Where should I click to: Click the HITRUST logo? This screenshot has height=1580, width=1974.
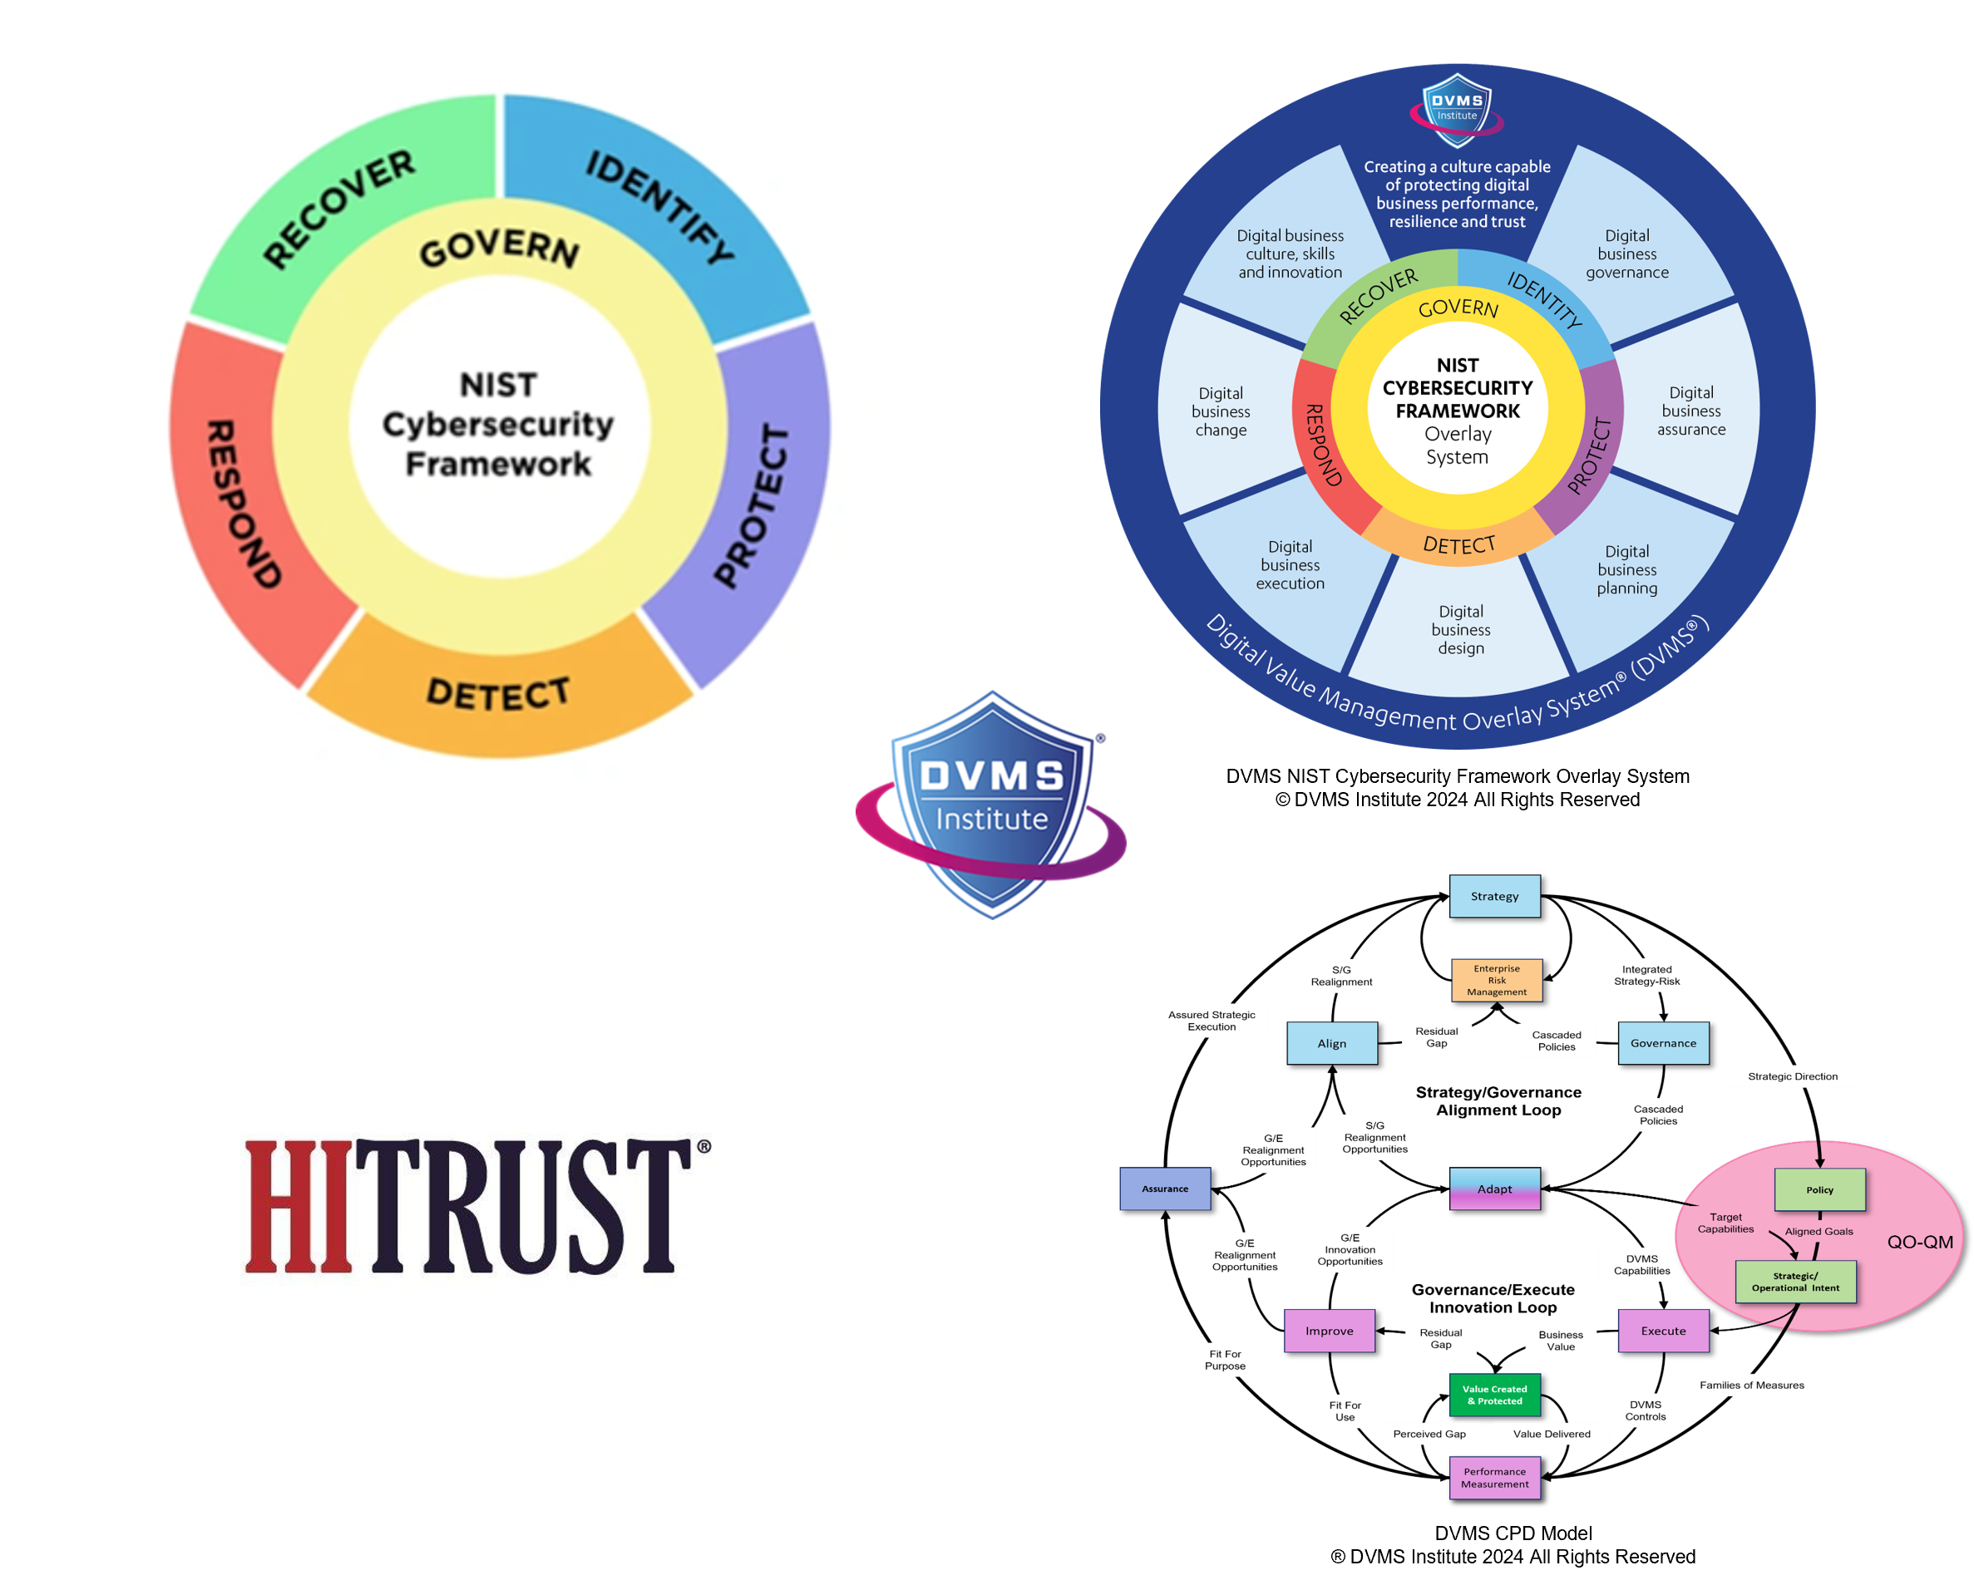click(x=477, y=1206)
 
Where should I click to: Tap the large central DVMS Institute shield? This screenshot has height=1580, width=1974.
click(x=990, y=805)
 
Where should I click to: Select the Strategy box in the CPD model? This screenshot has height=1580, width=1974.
click(x=1494, y=896)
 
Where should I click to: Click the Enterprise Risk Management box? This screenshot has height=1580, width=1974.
click(x=1496, y=981)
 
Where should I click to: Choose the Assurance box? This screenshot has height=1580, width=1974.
click(x=1165, y=1189)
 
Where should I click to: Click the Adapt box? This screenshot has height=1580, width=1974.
click(x=1494, y=1189)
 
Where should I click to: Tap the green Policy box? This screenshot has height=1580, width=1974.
click(x=1819, y=1190)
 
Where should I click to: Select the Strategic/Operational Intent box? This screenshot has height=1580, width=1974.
click(x=1795, y=1282)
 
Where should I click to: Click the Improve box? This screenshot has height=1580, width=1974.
click(x=1329, y=1331)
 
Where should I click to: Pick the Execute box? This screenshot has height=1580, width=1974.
click(x=1663, y=1331)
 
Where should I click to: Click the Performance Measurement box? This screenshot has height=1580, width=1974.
click(x=1494, y=1478)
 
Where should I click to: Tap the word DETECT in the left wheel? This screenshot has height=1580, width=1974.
click(x=499, y=694)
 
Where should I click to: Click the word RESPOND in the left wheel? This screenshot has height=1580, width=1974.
click(x=242, y=504)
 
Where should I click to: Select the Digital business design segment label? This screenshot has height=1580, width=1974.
click(x=1460, y=630)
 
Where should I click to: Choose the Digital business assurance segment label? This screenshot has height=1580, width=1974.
click(x=1691, y=411)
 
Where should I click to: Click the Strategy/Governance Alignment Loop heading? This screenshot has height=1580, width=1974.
click(x=1498, y=1101)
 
